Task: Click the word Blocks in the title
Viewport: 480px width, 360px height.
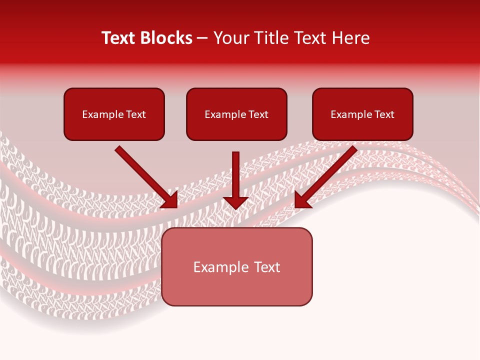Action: [167, 38]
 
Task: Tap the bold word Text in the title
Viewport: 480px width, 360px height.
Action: [120, 38]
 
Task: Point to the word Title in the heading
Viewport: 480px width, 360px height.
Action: [268, 38]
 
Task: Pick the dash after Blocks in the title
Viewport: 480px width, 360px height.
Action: [202, 38]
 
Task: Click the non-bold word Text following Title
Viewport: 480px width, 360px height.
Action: [308, 38]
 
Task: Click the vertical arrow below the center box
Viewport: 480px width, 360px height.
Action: [235, 175]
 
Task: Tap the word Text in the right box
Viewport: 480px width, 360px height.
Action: [384, 114]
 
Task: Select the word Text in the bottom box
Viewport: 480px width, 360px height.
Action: [267, 267]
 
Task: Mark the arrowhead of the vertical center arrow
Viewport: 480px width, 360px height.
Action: [235, 202]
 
